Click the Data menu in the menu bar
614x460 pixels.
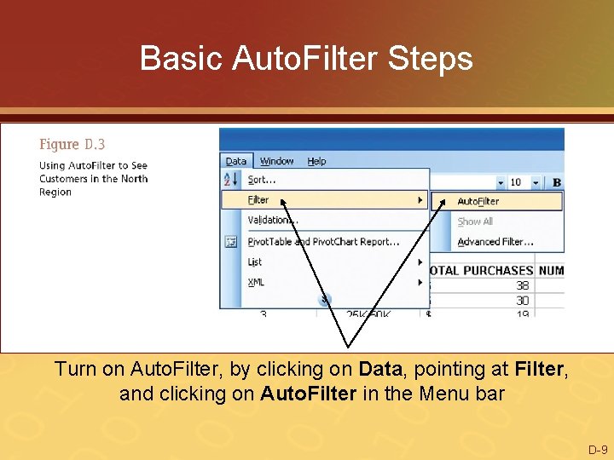click(235, 161)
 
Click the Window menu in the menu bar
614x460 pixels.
click(276, 161)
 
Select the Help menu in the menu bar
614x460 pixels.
click(316, 161)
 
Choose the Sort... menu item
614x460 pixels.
click(262, 180)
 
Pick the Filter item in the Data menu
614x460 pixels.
click(258, 200)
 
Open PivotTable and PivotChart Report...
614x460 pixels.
click(323, 241)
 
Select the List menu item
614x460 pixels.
click(255, 262)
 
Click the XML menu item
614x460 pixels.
click(256, 282)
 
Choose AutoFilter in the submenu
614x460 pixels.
click(478, 201)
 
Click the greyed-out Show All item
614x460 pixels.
click(475, 221)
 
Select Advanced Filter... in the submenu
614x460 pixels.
click(490, 242)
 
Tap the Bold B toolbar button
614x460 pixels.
click(557, 182)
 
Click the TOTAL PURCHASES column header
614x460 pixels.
click(482, 271)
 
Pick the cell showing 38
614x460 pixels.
click(522, 285)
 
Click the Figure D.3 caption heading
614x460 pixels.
click(72, 145)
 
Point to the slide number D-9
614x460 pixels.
click(597, 449)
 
